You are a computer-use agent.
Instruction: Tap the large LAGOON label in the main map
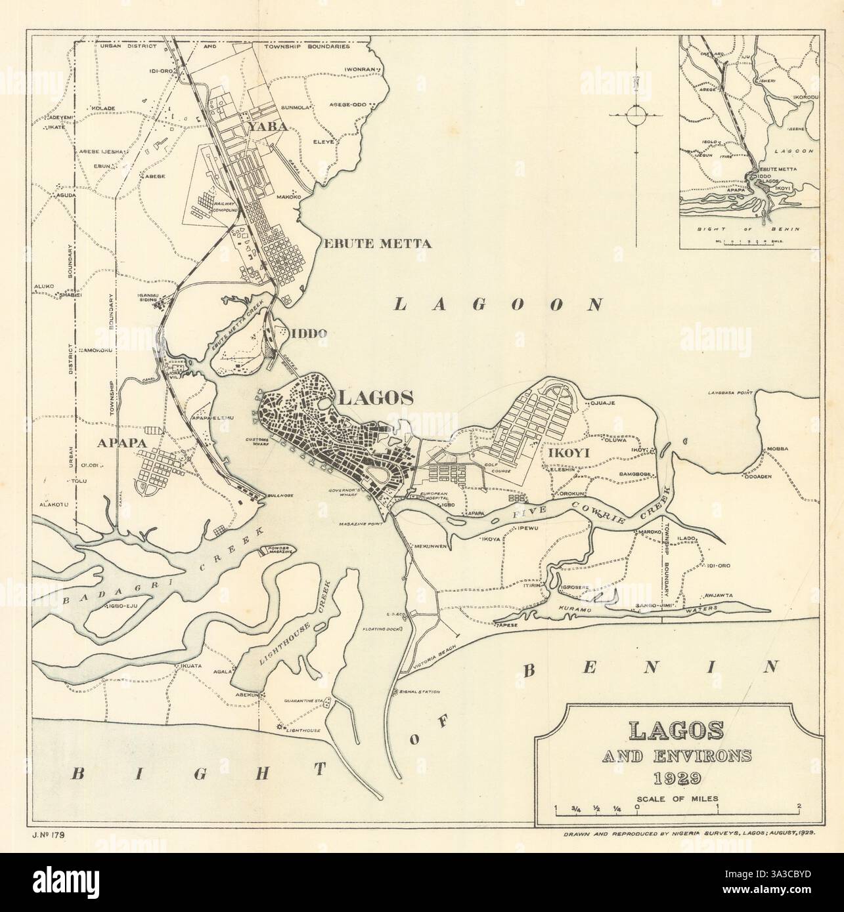point(499,304)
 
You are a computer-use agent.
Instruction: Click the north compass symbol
point(637,117)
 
